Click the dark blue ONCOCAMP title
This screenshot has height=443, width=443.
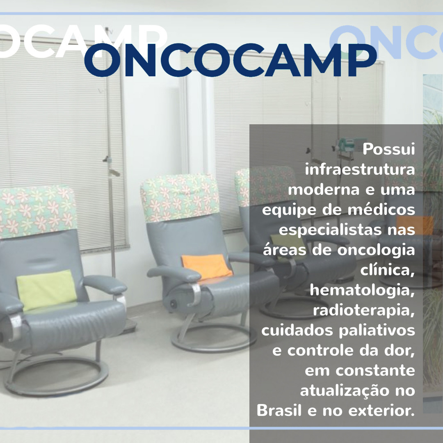(230, 60)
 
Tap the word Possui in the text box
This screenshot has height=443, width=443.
(389, 149)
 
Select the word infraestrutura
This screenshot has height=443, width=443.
(360, 169)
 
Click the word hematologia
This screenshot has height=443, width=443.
(362, 290)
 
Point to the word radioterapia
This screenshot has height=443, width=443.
(363, 311)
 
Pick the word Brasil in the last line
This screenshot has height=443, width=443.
(279, 410)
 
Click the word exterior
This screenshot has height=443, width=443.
(381, 411)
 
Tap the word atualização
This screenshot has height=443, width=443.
(343, 390)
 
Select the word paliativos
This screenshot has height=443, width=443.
(377, 330)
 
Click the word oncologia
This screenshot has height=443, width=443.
(376, 250)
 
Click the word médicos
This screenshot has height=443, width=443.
(381, 210)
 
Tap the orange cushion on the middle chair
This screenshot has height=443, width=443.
(206, 267)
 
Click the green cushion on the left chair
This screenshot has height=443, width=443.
(47, 290)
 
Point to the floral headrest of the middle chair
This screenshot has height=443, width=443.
(180, 197)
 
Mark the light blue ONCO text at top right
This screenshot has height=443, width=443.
(386, 42)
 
